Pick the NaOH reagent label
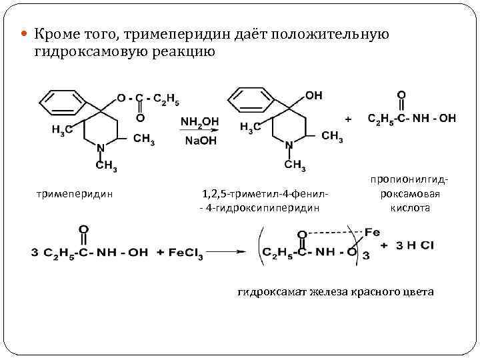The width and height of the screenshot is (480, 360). point(199,141)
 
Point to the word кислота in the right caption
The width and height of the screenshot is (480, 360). point(410,207)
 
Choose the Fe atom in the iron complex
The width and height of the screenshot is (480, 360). point(373,233)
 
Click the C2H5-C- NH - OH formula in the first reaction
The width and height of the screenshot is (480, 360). point(411,118)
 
